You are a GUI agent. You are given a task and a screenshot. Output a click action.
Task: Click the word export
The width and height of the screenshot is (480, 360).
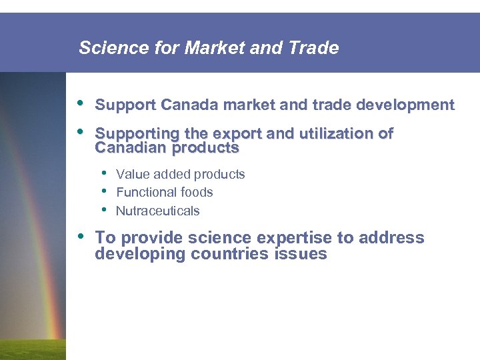pos(235,134)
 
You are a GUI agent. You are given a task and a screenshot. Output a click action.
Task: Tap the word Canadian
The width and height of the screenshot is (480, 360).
pos(129,148)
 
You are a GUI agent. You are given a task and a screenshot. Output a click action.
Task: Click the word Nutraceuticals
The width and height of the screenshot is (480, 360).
pos(157,211)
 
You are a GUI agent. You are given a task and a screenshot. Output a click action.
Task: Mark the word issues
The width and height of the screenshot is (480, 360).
pos(300,254)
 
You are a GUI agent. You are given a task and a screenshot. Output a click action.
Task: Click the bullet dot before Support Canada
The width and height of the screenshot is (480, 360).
pos(81,104)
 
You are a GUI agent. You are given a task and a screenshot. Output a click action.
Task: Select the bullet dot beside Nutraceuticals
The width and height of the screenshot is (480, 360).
pos(103,210)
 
